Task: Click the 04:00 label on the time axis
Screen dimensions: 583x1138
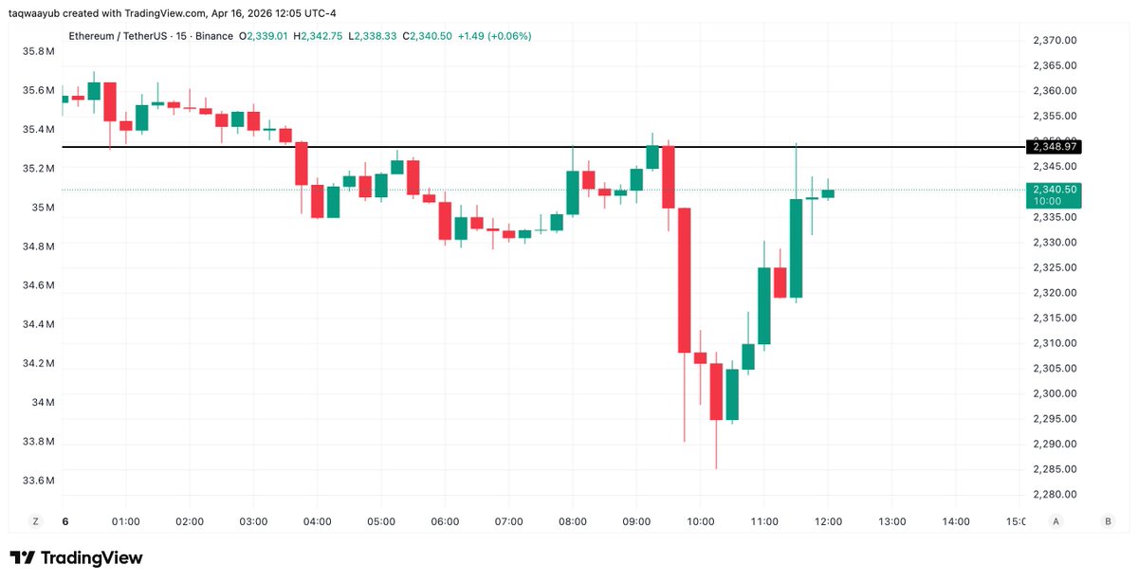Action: (317, 521)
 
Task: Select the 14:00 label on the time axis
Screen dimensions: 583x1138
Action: (955, 521)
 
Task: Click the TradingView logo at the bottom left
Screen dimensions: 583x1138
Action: (76, 557)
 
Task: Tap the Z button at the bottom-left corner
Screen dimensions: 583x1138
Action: (36, 521)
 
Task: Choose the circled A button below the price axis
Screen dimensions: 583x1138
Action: (1055, 521)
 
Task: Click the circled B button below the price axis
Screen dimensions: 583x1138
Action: (1108, 521)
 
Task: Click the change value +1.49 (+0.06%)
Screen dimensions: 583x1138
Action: (494, 36)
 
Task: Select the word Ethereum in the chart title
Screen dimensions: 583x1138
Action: (93, 36)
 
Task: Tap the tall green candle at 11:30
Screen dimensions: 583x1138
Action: (796, 248)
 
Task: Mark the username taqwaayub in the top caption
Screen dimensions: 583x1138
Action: (40, 13)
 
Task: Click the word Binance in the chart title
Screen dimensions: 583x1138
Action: (213, 36)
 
